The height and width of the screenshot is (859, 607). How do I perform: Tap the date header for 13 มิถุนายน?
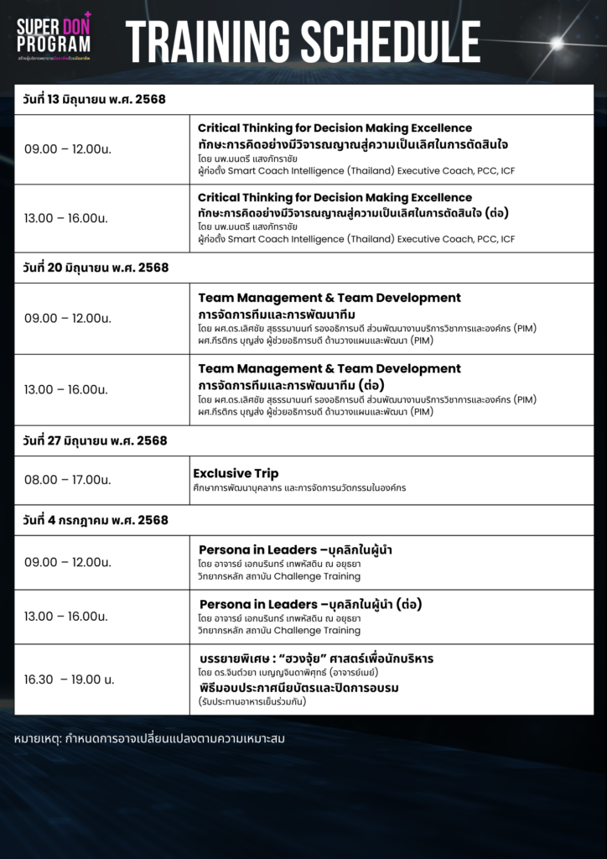pyautogui.click(x=95, y=99)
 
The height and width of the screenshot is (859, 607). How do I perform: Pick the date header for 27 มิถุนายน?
pyautogui.click(x=95, y=440)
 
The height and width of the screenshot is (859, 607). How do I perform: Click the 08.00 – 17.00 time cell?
pyautogui.click(x=68, y=480)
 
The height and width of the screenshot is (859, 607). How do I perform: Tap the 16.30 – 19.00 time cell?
pyautogui.click(x=70, y=679)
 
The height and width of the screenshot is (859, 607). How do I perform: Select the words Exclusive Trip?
pyautogui.click(x=236, y=473)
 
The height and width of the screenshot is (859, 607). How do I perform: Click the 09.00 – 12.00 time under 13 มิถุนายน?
pyautogui.click(x=68, y=148)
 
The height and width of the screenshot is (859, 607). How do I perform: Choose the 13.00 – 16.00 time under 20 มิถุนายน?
pyautogui.click(x=66, y=389)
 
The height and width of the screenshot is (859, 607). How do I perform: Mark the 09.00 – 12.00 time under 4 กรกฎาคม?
pyautogui.click(x=68, y=562)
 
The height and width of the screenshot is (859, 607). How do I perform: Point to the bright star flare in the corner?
pyautogui.click(x=554, y=43)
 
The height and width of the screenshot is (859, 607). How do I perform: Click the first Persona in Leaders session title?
pyautogui.click(x=296, y=549)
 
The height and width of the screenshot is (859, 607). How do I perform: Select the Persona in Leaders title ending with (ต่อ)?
pyautogui.click(x=310, y=604)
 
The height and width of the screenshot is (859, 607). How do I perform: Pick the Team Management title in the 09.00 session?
pyautogui.click(x=329, y=298)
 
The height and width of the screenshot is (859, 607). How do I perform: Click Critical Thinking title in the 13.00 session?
pyautogui.click(x=335, y=197)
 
